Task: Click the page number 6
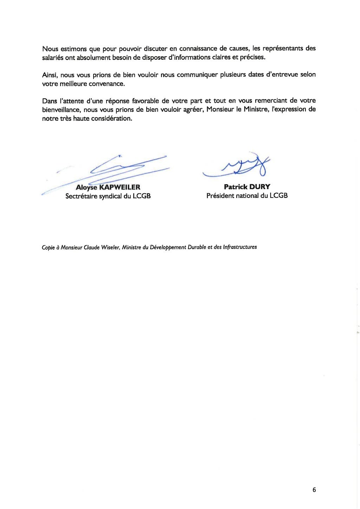pyautogui.click(x=314, y=490)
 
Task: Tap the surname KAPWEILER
pyautogui.click(x=120, y=187)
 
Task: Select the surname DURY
pyautogui.click(x=260, y=187)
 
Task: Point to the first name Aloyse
pyautogui.click(x=86, y=187)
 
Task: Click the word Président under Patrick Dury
pyautogui.click(x=220, y=196)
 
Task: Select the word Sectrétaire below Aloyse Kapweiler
pyautogui.click(x=81, y=196)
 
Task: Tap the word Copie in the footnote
pyautogui.click(x=48, y=247)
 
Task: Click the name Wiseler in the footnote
pyautogui.click(x=111, y=247)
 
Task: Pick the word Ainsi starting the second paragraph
pyautogui.click(x=50, y=75)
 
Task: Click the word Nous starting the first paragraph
pyautogui.click(x=50, y=49)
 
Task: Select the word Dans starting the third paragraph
pyautogui.click(x=50, y=101)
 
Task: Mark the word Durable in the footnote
pyautogui.click(x=197, y=247)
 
